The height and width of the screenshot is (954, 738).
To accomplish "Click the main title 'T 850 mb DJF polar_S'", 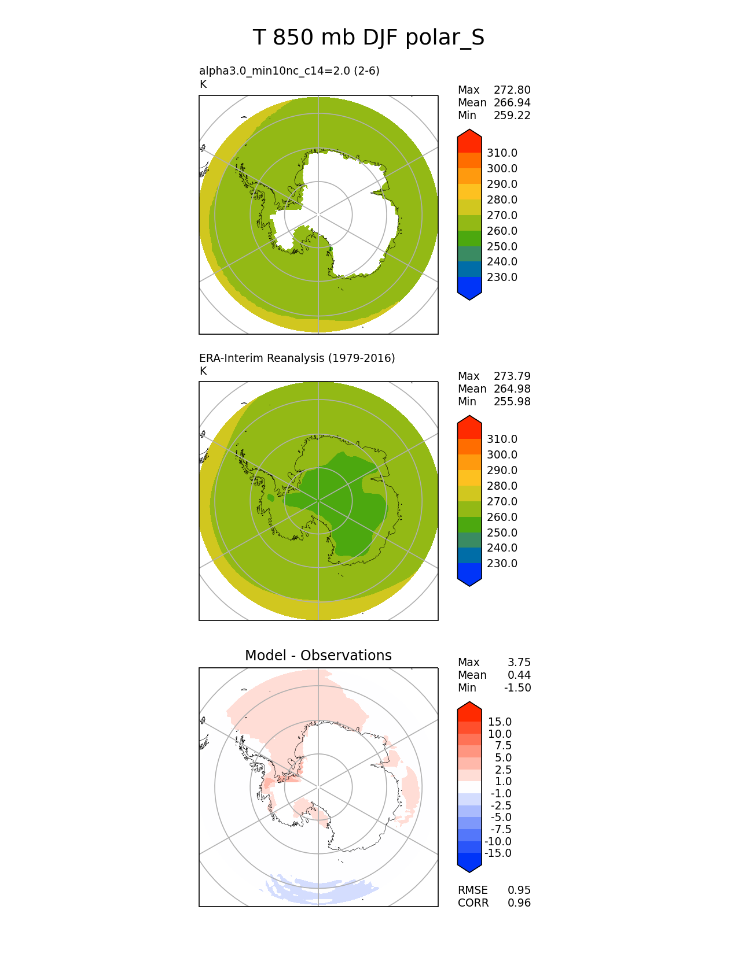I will (x=369, y=38).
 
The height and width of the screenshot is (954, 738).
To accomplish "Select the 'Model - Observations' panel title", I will (x=318, y=655).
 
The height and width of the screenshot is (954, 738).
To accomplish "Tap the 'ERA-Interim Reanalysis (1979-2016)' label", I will (x=297, y=358).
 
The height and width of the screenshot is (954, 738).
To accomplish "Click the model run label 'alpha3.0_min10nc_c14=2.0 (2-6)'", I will (x=289, y=71).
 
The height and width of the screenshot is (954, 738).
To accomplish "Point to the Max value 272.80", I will (x=512, y=90).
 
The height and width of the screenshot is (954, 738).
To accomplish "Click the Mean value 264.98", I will (x=512, y=389).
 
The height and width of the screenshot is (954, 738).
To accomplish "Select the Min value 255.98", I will (x=512, y=402).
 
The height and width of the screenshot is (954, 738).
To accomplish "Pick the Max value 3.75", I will (x=519, y=663).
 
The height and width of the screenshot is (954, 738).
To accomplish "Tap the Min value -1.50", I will (x=517, y=688).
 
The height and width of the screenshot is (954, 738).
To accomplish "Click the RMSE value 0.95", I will (x=519, y=890).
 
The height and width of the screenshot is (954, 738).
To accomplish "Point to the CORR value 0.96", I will (x=519, y=903).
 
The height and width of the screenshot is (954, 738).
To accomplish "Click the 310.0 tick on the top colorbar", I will (x=502, y=153).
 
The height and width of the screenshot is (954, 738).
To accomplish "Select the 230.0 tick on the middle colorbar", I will (x=502, y=564).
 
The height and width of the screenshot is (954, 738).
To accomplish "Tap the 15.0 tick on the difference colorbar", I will (x=500, y=722).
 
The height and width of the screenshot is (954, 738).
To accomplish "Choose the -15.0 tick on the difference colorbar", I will (x=498, y=853).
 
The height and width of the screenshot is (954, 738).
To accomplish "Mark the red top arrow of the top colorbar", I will (x=469, y=140).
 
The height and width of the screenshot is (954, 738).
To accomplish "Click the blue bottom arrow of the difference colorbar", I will (x=469, y=863).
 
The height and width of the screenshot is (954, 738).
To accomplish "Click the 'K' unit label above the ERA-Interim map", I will (x=203, y=371).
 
